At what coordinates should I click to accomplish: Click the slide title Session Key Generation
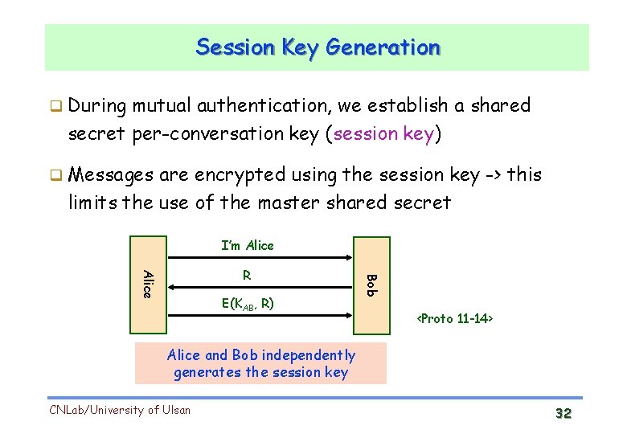pos(318,47)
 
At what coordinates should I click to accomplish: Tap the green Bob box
pos(371,284)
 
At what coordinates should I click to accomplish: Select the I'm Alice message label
pos(248,246)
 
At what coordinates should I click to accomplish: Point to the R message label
pos(247,275)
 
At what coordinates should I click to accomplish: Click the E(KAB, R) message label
pos(248,304)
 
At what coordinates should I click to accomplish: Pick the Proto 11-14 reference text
pos(454,319)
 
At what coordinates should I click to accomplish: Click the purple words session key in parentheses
pos(383,133)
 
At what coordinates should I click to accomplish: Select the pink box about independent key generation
pos(260,363)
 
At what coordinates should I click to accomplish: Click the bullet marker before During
pos(55,106)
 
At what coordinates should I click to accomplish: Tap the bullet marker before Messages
pos(55,175)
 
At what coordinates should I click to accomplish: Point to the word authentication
pos(261,106)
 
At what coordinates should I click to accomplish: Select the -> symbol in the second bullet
pos(492,175)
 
